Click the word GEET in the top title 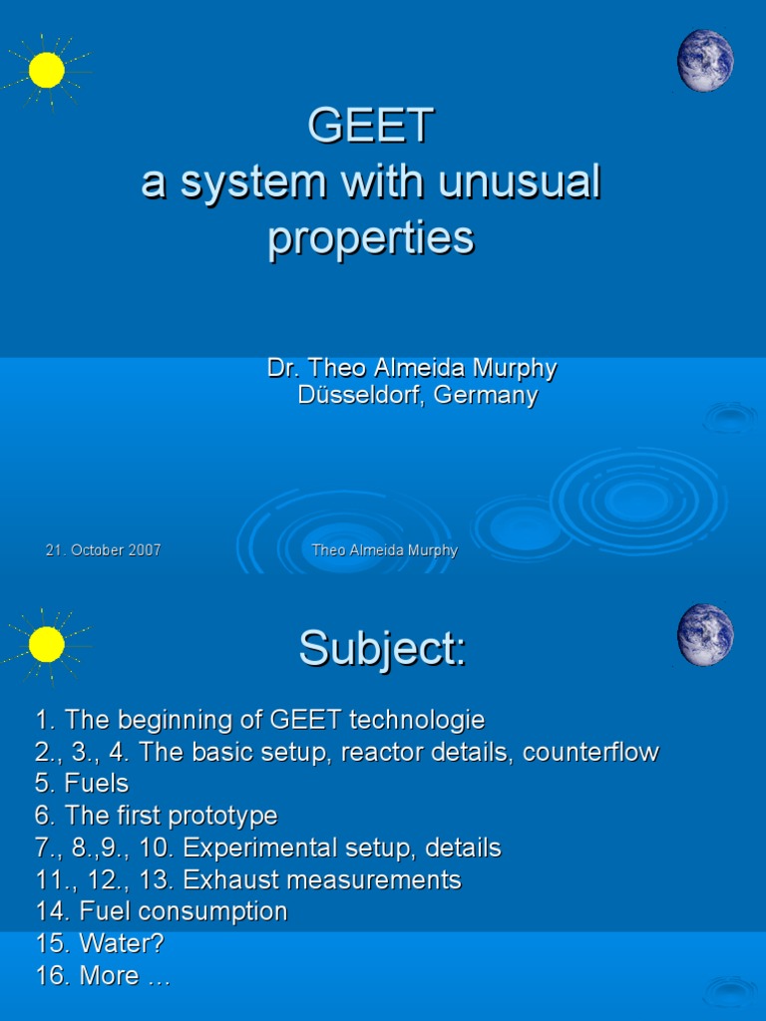click(x=370, y=126)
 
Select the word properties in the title click(x=370, y=238)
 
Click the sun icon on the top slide click(x=46, y=70)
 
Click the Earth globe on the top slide click(x=705, y=60)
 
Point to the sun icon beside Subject click(x=46, y=644)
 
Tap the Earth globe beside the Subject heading click(x=705, y=634)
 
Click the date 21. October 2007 click(x=103, y=550)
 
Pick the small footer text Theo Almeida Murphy click(x=384, y=550)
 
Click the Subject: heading click(x=382, y=650)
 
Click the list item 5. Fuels click(x=82, y=784)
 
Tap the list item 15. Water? click(x=100, y=943)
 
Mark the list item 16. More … click(x=103, y=975)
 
